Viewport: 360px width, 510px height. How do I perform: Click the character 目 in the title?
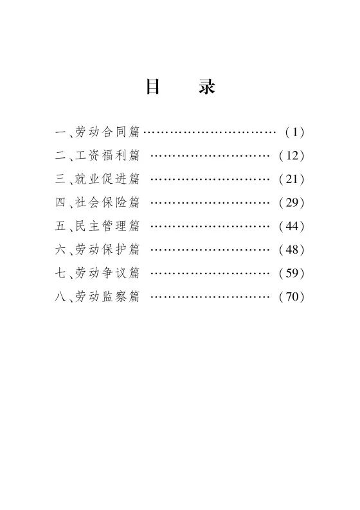(152, 87)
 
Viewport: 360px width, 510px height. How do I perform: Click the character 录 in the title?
(207, 87)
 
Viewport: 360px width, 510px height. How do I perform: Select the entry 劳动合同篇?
(107, 132)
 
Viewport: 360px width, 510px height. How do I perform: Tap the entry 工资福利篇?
(107, 155)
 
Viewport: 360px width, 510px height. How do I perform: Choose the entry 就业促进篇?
(107, 179)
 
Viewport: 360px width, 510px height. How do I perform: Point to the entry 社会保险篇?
(107, 202)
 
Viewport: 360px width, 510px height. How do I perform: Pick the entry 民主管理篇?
(107, 225)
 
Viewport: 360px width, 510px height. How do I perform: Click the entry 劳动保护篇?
(107, 249)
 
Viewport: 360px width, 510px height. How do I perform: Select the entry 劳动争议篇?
(107, 273)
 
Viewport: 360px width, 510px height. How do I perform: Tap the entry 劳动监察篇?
(107, 296)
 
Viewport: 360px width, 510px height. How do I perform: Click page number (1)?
(294, 132)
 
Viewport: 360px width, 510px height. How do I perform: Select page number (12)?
(291, 155)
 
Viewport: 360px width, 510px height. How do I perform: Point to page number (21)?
(291, 179)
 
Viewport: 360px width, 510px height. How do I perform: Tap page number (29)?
(291, 202)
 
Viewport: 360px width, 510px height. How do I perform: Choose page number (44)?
(291, 226)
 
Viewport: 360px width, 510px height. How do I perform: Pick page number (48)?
(291, 250)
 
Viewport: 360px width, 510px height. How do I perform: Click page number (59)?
(291, 273)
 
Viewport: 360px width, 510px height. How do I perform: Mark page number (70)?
(291, 297)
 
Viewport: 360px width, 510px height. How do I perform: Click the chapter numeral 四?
(60, 202)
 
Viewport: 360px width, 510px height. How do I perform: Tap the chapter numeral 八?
(60, 296)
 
